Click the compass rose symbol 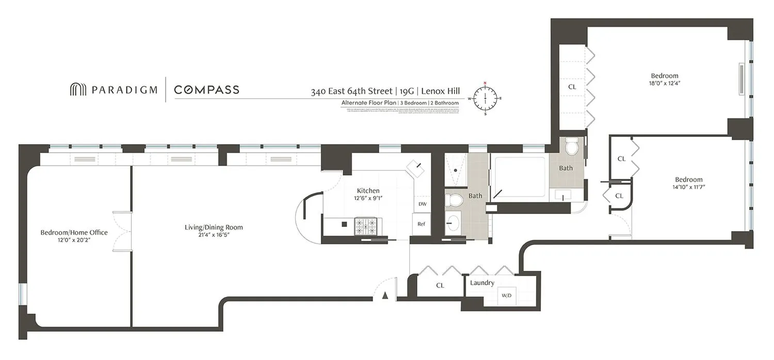[485, 97]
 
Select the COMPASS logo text [206, 90]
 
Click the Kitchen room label [368, 191]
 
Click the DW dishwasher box [422, 204]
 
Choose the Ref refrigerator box [422, 224]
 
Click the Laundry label [482, 283]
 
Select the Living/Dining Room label [214, 227]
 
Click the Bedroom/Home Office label [74, 233]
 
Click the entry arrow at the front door [384, 296]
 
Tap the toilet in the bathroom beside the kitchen [454, 200]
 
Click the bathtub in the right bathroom [520, 176]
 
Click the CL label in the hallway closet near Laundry [440, 285]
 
